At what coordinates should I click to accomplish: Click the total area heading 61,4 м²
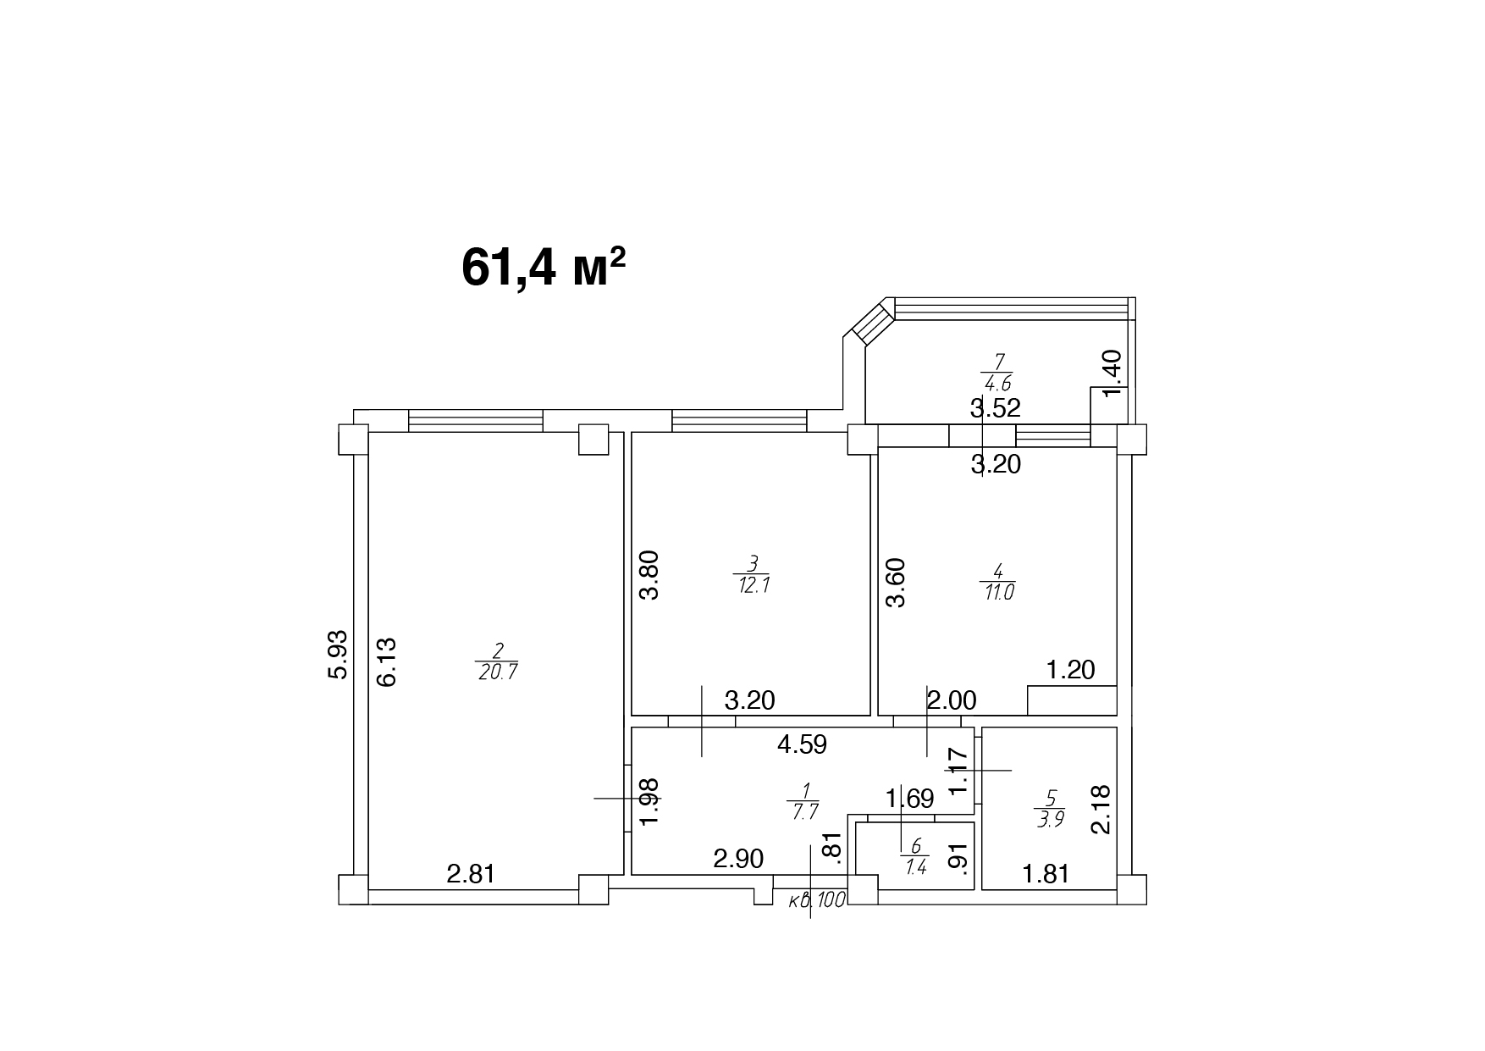click(x=544, y=268)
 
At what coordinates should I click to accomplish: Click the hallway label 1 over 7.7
click(x=803, y=801)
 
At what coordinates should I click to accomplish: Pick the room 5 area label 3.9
click(x=1050, y=809)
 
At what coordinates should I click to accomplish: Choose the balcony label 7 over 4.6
click(x=997, y=372)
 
